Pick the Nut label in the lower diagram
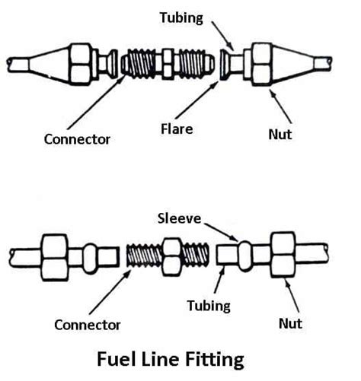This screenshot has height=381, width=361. click(290, 324)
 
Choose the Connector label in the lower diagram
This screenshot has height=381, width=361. click(88, 325)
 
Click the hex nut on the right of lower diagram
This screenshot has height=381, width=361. click(281, 252)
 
